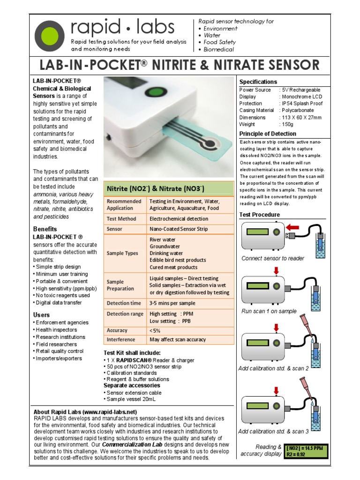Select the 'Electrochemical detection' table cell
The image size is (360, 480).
point(179,218)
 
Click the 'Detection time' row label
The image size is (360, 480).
point(124,303)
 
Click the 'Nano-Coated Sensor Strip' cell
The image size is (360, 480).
point(178,229)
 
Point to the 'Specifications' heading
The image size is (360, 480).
point(258,82)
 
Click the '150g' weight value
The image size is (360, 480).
point(286,124)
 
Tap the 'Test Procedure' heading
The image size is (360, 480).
point(259,215)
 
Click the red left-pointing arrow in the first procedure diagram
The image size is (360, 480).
point(292,227)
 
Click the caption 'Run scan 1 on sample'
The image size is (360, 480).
point(269,311)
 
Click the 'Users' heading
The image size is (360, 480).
point(41,315)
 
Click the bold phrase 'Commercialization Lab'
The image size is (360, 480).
point(131,444)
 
